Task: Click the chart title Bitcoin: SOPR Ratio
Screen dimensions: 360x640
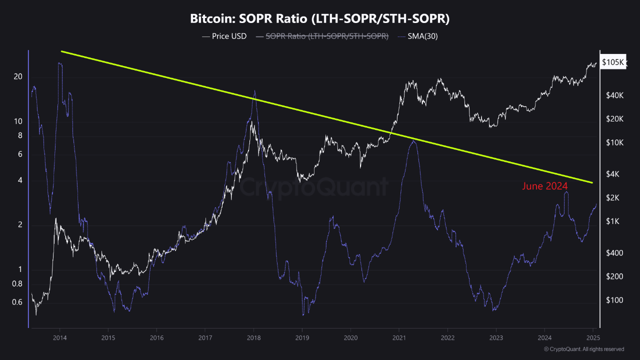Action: (320, 19)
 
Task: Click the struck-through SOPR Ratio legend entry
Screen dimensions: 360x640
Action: (322, 36)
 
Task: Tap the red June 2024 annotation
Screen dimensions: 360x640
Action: (545, 186)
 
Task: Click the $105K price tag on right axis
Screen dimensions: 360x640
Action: (613, 62)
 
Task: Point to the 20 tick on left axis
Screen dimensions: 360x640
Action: (18, 76)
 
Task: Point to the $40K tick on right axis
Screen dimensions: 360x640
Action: (614, 95)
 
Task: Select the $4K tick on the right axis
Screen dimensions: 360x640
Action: (612, 174)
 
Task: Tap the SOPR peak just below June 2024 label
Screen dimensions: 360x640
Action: (566, 192)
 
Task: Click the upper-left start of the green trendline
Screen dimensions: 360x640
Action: (61, 51)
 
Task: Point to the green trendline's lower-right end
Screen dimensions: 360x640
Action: (592, 182)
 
